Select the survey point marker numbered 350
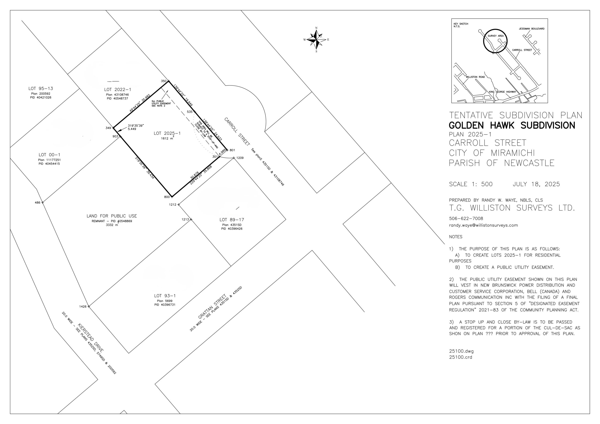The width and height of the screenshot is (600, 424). tap(169, 81)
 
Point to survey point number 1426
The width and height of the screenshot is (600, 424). tap(89, 306)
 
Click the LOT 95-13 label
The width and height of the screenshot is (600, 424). tap(41, 88)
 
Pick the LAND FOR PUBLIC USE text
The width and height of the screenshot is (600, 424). tap(112, 216)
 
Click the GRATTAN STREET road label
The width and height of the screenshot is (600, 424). tap(212, 306)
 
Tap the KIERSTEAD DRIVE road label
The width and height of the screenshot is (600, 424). tap(91, 338)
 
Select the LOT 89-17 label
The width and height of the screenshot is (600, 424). tap(232, 220)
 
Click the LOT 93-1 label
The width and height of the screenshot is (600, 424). tap(165, 296)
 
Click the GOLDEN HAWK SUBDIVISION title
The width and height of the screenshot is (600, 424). tap(512, 125)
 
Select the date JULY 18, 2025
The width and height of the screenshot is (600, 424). tap(536, 184)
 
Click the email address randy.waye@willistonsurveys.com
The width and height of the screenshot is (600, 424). tap(484, 225)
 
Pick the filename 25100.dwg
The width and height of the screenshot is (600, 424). tap(461, 351)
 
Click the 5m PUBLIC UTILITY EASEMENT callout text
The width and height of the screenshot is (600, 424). tap(161, 103)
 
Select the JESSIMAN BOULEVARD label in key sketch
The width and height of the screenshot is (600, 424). tap(532, 29)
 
